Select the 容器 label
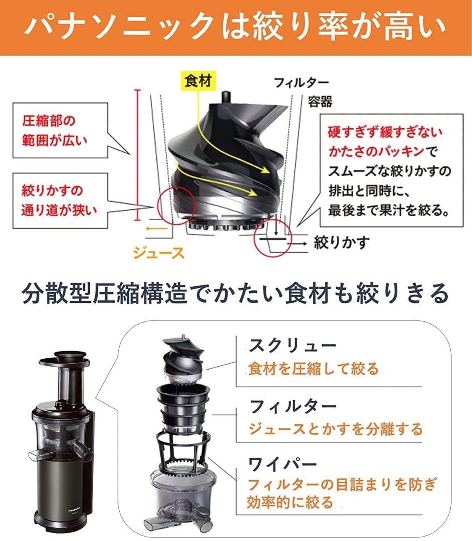click(x=319, y=102)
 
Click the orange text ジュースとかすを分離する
click(x=336, y=429)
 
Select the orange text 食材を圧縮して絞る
click(x=314, y=369)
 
